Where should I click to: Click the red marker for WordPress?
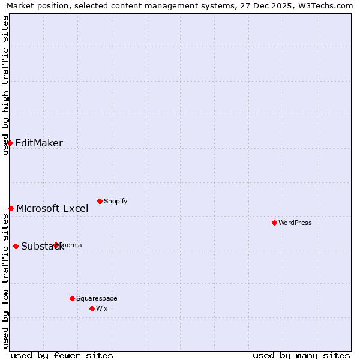click(274, 223)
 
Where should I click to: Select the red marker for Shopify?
click(100, 201)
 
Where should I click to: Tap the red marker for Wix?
click(92, 308)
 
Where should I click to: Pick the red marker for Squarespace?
click(72, 298)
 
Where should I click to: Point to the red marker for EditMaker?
click(10, 143)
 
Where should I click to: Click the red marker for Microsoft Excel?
click(11, 208)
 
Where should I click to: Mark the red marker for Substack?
click(16, 246)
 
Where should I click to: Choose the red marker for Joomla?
click(56, 245)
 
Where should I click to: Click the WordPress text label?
click(295, 223)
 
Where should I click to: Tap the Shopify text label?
click(115, 201)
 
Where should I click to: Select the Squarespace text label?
click(97, 298)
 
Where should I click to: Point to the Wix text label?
click(101, 308)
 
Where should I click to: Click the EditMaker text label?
click(39, 143)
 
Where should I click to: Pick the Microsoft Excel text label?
click(52, 208)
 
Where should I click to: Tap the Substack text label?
click(42, 246)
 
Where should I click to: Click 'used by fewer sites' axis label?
click(62, 355)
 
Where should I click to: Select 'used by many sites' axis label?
click(301, 355)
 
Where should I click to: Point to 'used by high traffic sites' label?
click(5, 85)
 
